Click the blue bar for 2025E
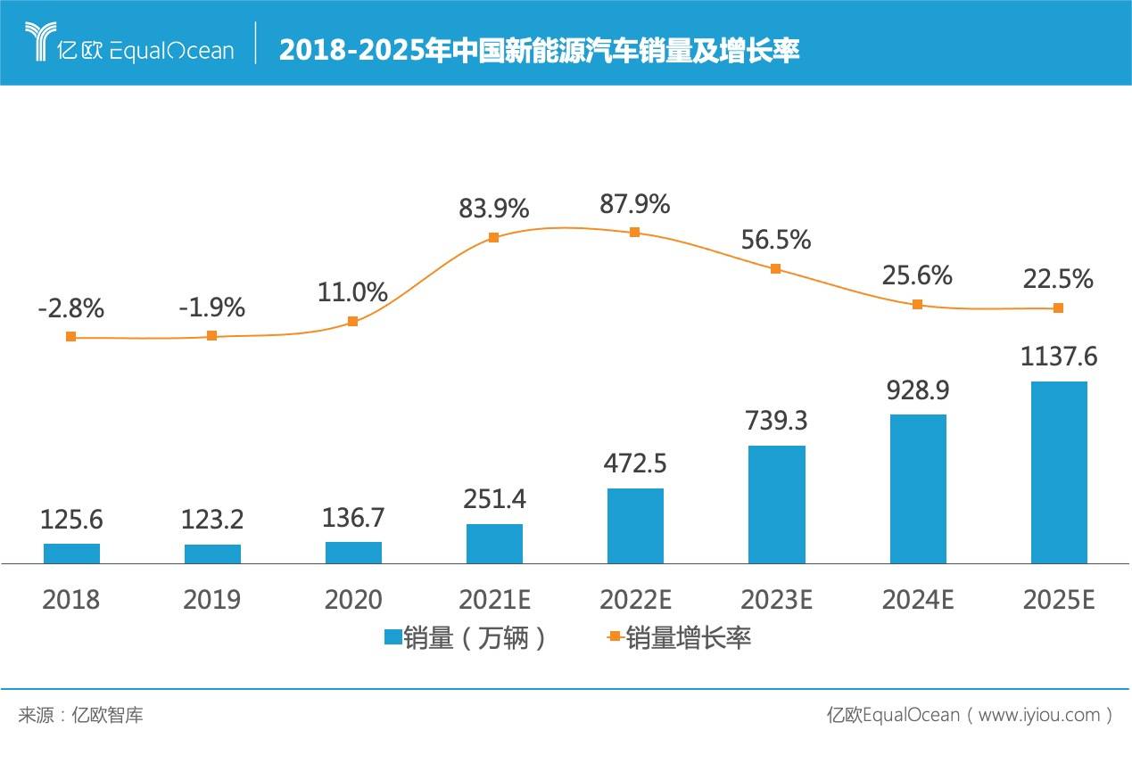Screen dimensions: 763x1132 pos(1059,472)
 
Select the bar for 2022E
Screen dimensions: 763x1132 pos(635,526)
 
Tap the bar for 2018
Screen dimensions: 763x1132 pos(71,554)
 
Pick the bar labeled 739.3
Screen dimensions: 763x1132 pos(776,505)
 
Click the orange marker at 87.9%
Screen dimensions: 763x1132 pos(634,232)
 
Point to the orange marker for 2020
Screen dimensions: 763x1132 pos(352,321)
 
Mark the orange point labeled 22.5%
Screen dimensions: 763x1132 pos(1058,308)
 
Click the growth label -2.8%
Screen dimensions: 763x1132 pos(71,309)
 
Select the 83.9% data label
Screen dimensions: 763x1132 pos(493,209)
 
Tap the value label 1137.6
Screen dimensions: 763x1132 pos(1059,357)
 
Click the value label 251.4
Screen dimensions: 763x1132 pos(494,499)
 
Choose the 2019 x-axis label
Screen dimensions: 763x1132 pos(211,600)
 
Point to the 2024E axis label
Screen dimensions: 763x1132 pos(917,600)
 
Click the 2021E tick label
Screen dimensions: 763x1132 pos(494,600)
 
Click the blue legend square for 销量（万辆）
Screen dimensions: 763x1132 pos(392,637)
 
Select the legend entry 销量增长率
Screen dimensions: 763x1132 pos(687,637)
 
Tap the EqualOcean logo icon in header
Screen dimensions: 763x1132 pos(40,42)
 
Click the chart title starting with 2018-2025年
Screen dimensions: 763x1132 pos(539,51)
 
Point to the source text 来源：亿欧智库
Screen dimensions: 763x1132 pos(80,715)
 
